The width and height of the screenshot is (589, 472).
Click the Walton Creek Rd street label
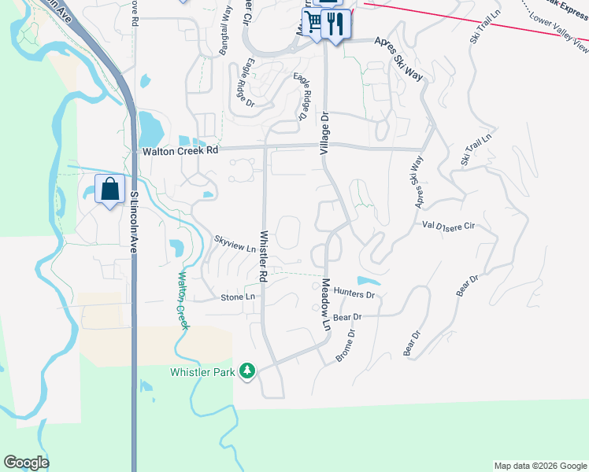pyautogui.click(x=180, y=151)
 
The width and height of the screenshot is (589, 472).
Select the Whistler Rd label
pyautogui.click(x=263, y=256)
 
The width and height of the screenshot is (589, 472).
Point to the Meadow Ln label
pyautogui.click(x=324, y=304)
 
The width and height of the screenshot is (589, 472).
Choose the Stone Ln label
pyautogui.click(x=238, y=297)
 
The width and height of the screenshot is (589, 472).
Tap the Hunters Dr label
pyautogui.click(x=354, y=293)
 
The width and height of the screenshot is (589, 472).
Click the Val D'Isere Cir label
pyautogui.click(x=449, y=226)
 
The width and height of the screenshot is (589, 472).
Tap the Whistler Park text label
pyautogui.click(x=202, y=372)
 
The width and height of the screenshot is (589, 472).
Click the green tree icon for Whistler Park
pyautogui.click(x=247, y=370)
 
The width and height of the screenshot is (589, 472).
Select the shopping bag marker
pyautogui.click(x=110, y=189)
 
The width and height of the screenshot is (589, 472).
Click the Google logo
pyautogui.click(x=26, y=463)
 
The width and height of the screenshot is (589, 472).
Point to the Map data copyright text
pyautogui.click(x=539, y=466)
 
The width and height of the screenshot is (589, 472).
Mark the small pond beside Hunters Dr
pyautogui.click(x=368, y=281)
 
